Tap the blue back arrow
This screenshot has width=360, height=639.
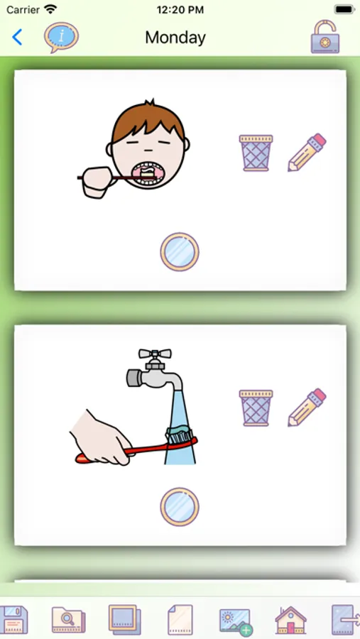[x=17, y=37]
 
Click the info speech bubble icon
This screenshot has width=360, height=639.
[x=61, y=37]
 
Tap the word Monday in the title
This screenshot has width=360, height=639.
[x=175, y=38]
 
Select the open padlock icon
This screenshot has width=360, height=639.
[x=325, y=37]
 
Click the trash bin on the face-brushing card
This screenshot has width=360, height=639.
[x=256, y=153]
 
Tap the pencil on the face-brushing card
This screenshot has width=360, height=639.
[x=307, y=152]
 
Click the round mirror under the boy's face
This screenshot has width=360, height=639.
[x=180, y=252]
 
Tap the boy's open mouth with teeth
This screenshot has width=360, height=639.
[x=148, y=174]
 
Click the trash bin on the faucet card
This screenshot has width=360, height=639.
[x=256, y=408]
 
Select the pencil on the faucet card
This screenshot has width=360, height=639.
[x=307, y=407]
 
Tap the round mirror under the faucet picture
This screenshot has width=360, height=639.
[x=180, y=507]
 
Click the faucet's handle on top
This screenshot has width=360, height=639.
[x=155, y=354]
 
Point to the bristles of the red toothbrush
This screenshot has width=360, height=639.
[x=180, y=435]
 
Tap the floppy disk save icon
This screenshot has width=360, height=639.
[x=14, y=619]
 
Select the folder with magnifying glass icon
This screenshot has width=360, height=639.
[x=68, y=621]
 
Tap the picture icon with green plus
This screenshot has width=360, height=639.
[x=235, y=622]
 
